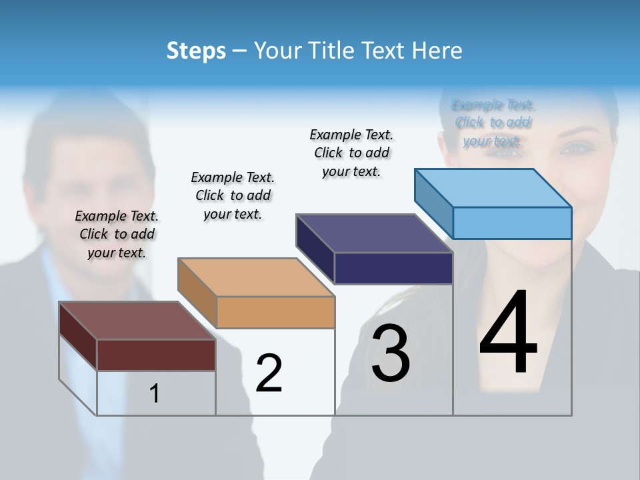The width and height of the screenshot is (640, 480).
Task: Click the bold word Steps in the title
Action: tap(196, 51)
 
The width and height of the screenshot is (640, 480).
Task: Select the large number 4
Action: tap(508, 334)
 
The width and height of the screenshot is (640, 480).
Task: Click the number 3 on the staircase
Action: tap(391, 353)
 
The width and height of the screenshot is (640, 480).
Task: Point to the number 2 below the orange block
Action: tap(269, 373)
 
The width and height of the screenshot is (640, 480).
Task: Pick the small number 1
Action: tap(155, 394)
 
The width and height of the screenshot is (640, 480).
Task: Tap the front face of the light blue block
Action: tap(512, 223)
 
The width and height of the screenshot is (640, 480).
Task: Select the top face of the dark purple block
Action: tap(375, 233)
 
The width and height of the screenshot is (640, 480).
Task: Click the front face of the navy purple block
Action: tap(393, 268)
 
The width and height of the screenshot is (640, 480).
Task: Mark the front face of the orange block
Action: tap(275, 312)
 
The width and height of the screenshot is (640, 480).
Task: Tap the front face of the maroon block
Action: tap(156, 355)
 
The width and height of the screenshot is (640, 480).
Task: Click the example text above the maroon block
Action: tap(117, 234)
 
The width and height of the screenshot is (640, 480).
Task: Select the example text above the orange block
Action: tap(233, 195)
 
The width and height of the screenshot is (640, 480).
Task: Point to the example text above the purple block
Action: tap(351, 153)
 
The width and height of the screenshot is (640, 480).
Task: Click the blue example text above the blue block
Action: tap(493, 123)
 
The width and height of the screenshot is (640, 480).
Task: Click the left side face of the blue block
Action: tap(433, 203)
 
